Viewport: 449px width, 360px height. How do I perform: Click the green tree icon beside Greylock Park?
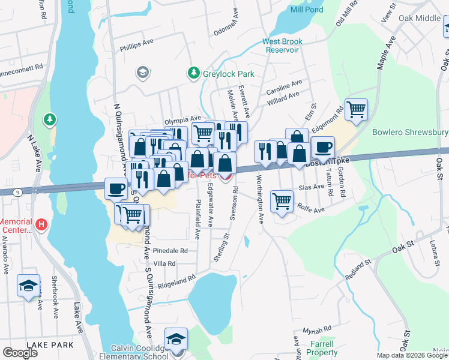193,73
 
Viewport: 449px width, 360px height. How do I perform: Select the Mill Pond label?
306,10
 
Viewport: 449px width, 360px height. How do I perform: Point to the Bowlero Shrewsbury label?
410,132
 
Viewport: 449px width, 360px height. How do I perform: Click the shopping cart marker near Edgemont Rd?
356,110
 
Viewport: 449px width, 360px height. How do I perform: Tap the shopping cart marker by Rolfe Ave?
282,200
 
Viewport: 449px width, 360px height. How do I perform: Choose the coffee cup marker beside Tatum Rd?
322,146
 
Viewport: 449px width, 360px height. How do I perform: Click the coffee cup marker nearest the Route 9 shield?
116,188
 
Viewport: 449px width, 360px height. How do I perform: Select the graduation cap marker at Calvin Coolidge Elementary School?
176,338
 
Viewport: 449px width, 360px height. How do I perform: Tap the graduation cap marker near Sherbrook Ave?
28,285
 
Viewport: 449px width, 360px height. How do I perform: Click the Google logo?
20,353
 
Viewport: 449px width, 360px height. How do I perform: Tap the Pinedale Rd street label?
170,250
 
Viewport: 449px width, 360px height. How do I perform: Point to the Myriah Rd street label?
317,329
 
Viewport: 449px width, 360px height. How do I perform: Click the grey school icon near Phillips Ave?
142,73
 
